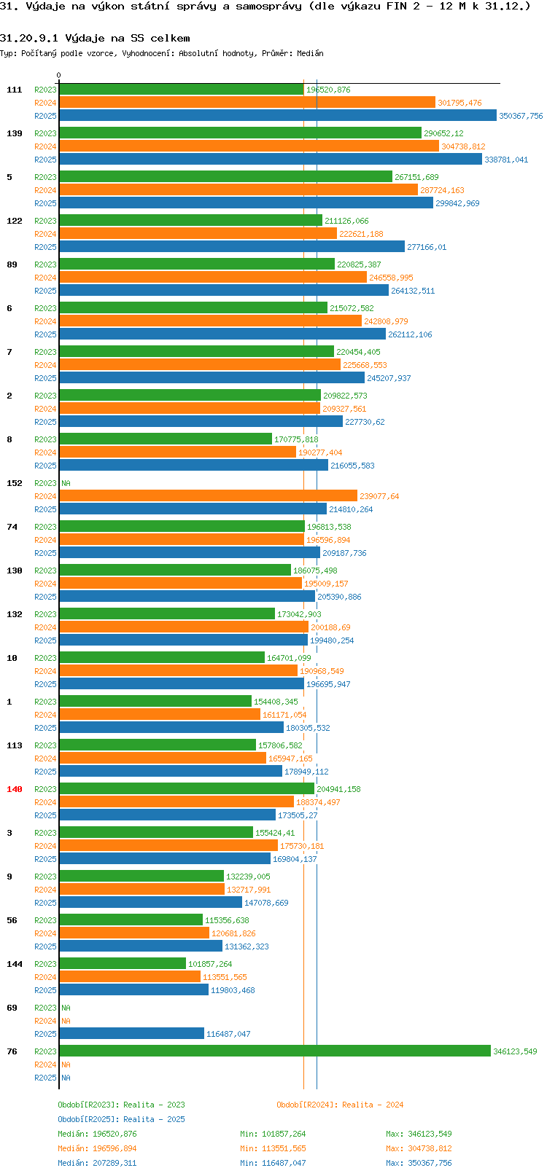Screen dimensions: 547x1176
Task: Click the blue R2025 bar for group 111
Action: click(277, 116)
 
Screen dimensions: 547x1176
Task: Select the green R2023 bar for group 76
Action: click(275, 1051)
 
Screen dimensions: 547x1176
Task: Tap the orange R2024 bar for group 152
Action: click(208, 496)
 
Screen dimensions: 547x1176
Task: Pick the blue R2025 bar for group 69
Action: click(131, 1034)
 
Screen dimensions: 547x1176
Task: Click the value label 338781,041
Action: click(506, 160)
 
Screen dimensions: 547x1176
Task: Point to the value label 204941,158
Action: click(338, 789)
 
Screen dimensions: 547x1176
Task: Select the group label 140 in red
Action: click(14, 789)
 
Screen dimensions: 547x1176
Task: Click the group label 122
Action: click(14, 221)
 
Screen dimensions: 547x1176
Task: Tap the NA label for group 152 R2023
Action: click(66, 483)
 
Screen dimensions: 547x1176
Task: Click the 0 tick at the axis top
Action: click(58, 75)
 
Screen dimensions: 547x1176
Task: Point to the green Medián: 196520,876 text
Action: click(97, 1134)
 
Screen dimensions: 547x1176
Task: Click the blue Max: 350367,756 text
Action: click(419, 1163)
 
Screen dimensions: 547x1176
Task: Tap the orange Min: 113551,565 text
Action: click(273, 1149)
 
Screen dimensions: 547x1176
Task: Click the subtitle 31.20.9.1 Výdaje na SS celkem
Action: click(95, 39)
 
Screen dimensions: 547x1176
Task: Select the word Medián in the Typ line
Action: click(310, 53)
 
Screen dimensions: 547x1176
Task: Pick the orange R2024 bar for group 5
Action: click(238, 190)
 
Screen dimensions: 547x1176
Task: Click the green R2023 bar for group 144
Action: click(123, 964)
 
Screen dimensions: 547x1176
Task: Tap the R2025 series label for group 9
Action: click(45, 903)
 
